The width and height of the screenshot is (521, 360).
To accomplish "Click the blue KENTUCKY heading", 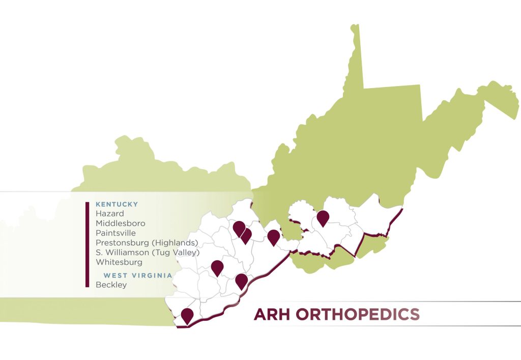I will (117, 205).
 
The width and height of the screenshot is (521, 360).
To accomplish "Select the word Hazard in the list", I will (109, 214).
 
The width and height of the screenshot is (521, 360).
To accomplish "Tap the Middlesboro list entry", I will (120, 224).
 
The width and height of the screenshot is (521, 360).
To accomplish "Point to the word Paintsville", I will (115, 233).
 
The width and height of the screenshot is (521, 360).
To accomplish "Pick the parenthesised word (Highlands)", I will (172, 243).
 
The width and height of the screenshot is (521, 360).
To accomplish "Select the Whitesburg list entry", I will (119, 262).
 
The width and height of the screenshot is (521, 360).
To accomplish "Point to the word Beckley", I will (111, 285).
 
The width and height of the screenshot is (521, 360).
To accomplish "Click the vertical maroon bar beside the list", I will (88, 244).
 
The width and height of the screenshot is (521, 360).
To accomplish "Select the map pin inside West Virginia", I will (323, 217).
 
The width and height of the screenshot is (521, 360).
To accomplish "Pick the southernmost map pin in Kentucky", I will (187, 315).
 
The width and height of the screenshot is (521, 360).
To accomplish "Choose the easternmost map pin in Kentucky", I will (274, 236).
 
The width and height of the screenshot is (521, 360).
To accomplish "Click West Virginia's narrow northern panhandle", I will (356, 56).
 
